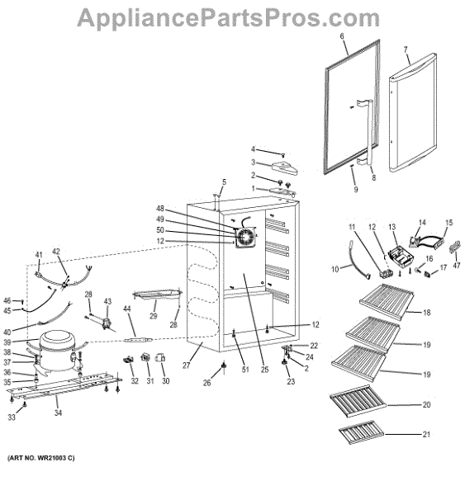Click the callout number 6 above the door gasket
(342, 36)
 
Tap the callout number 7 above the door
(406, 49)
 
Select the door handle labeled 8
(366, 132)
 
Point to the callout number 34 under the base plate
(58, 412)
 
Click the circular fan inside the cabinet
(245, 238)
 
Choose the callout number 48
(160, 209)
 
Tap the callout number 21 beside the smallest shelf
(426, 435)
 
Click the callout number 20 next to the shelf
(426, 404)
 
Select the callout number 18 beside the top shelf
(427, 313)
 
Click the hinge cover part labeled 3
(284, 167)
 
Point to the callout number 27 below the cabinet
(186, 365)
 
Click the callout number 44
(126, 309)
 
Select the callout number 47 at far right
(456, 266)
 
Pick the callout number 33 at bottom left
(12, 417)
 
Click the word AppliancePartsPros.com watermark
(228, 18)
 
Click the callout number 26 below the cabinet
(206, 383)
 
